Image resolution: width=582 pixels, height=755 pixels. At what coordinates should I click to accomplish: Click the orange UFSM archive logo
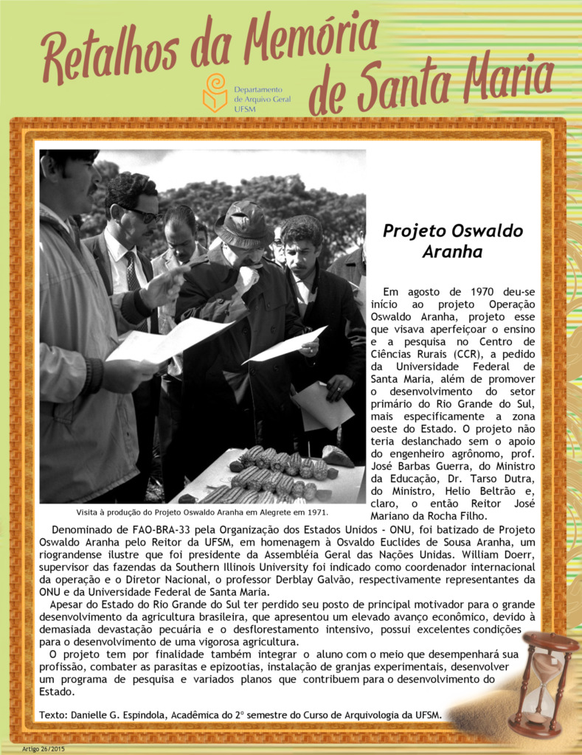click(215, 93)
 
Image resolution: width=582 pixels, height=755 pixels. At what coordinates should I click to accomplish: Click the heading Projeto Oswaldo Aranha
click(452, 241)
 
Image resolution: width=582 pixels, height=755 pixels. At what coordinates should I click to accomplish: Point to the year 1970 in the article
click(475, 291)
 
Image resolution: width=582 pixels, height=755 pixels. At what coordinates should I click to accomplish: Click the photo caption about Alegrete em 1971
click(202, 512)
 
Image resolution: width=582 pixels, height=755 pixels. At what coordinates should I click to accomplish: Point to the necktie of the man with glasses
click(132, 272)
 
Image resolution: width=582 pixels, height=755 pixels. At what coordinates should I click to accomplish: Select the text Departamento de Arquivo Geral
click(262, 94)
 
